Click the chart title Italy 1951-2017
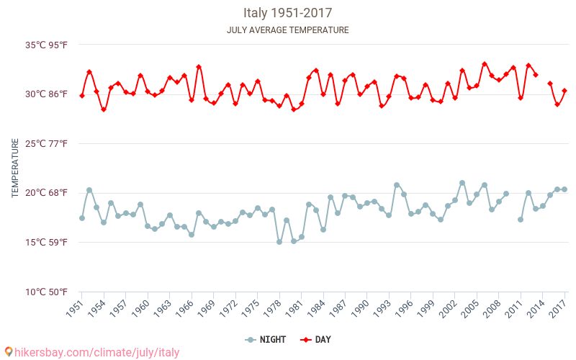pos(288,13)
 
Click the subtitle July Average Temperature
pos(288,30)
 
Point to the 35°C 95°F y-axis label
pos(47,45)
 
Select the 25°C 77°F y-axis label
pos(47,143)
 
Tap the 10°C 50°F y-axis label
pos(47,292)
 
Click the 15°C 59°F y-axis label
pos(47,242)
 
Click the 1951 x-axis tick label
pos(75,310)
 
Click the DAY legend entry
pos(317,340)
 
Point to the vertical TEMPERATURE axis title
pos(15,168)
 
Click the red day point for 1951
pos(82,96)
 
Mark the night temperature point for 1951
pos(82,218)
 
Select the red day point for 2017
pos(564,91)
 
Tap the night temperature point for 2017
pos(564,189)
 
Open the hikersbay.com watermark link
pos(92,353)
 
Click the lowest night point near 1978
pos(279,242)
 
